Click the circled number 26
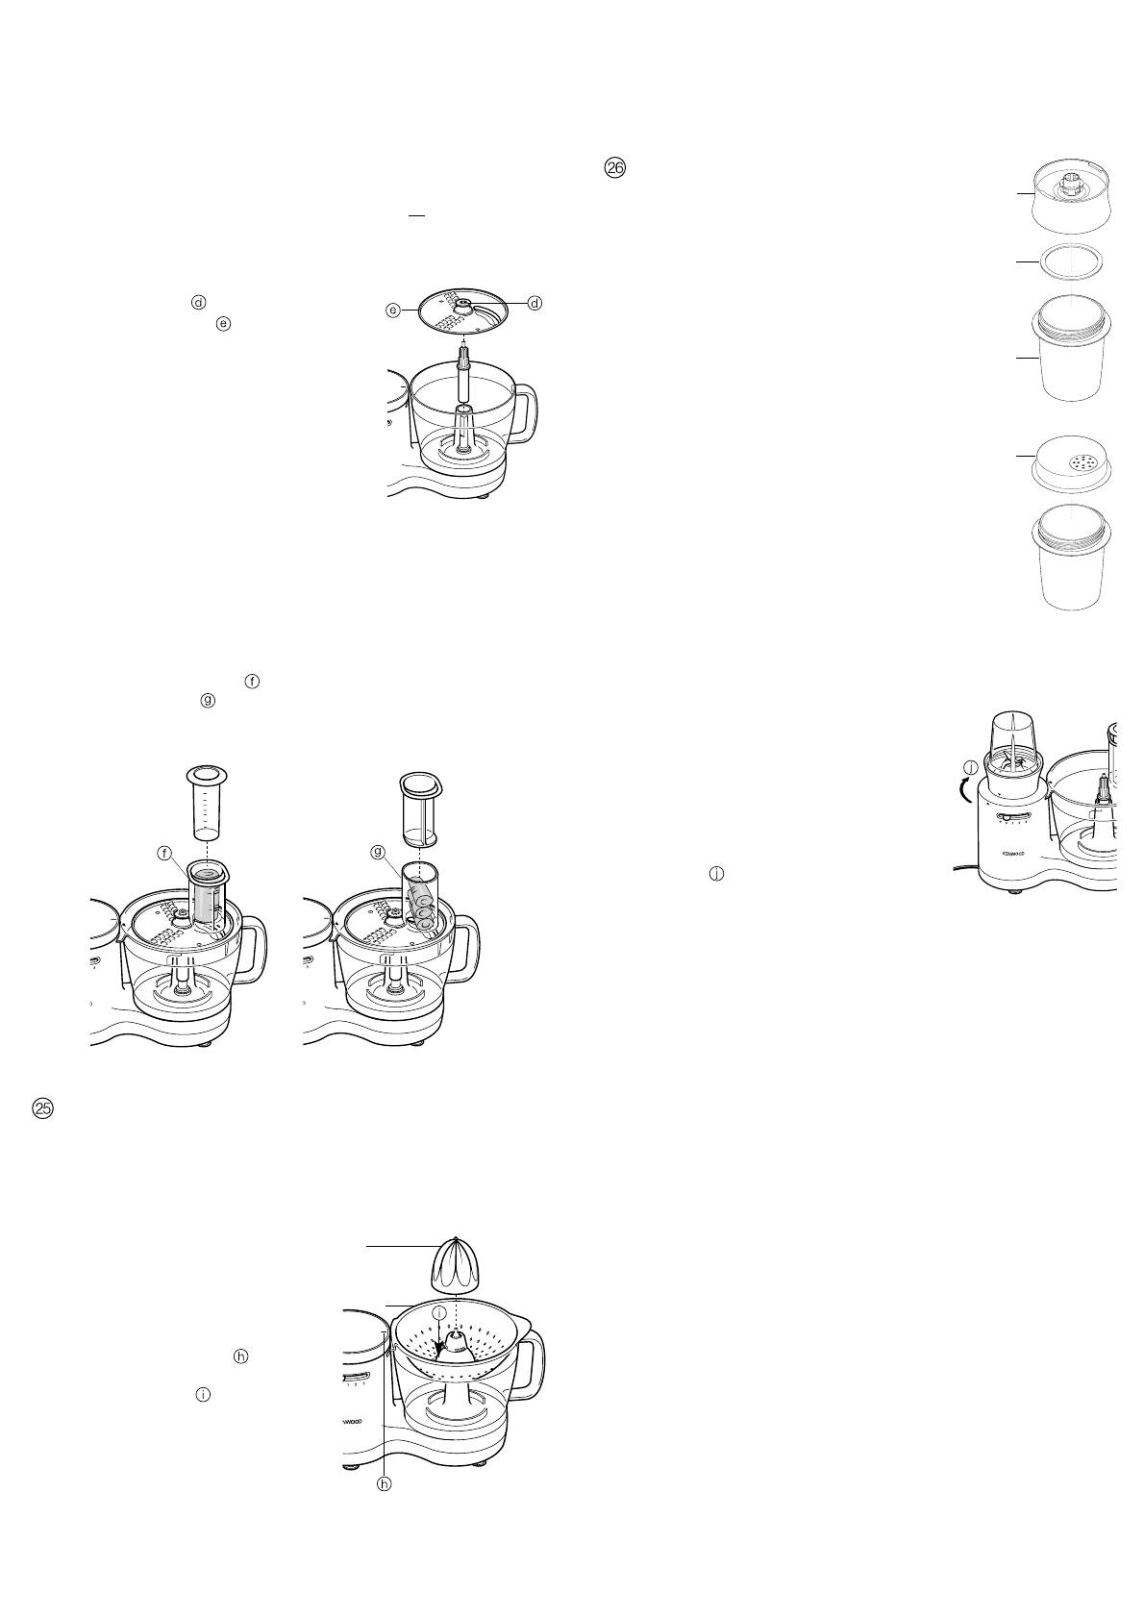614,168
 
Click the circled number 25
43,1108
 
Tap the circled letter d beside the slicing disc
535,303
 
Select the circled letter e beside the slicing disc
393,310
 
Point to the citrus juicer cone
457,1267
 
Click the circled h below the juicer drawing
385,1483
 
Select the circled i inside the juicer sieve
438,1312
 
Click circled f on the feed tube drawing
165,853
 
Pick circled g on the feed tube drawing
377,852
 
